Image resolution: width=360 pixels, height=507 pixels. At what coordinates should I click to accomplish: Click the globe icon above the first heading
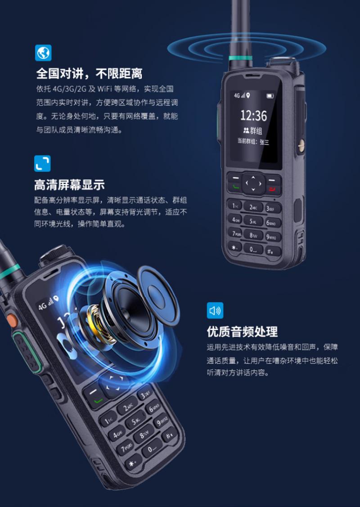tap(43, 53)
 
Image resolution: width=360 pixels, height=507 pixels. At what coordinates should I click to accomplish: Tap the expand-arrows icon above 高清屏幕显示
tap(42, 163)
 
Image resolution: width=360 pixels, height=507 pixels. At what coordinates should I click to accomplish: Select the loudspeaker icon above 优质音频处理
tap(215, 310)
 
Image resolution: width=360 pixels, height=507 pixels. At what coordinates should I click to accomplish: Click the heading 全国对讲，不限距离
tap(89, 74)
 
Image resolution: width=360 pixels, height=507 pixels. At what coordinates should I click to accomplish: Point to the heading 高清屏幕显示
tap(70, 185)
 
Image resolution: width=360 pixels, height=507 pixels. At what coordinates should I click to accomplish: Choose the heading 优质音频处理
tap(242, 332)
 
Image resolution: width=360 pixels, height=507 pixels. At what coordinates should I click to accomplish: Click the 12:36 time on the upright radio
tap(254, 116)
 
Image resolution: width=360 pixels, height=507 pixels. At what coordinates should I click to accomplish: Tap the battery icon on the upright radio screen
tap(270, 96)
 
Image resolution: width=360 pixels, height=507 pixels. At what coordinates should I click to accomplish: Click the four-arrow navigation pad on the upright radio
tap(253, 184)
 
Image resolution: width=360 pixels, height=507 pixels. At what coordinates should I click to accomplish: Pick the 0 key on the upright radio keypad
tap(253, 249)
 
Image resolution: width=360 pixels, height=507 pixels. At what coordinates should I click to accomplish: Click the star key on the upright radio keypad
tap(234, 247)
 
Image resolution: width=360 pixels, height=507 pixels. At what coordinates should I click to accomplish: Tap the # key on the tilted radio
tap(169, 434)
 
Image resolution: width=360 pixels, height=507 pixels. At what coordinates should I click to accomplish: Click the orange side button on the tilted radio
tap(12, 320)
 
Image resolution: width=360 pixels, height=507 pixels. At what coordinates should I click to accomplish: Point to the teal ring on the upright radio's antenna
tap(240, 58)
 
